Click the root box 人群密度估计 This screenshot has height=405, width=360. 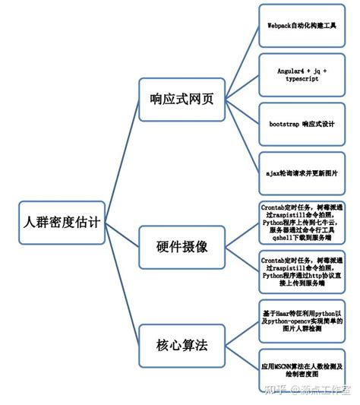coord(62,222)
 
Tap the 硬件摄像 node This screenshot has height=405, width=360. coord(182,246)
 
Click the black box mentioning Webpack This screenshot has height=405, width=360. coord(302,25)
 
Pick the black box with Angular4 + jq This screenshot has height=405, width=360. coord(302,74)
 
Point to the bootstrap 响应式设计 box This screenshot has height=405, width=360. coord(302,123)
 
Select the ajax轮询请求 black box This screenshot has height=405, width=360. coord(302,173)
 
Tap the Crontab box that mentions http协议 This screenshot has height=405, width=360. coord(302,271)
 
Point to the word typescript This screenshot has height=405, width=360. coord(302,79)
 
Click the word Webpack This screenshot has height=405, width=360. coord(282,25)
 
